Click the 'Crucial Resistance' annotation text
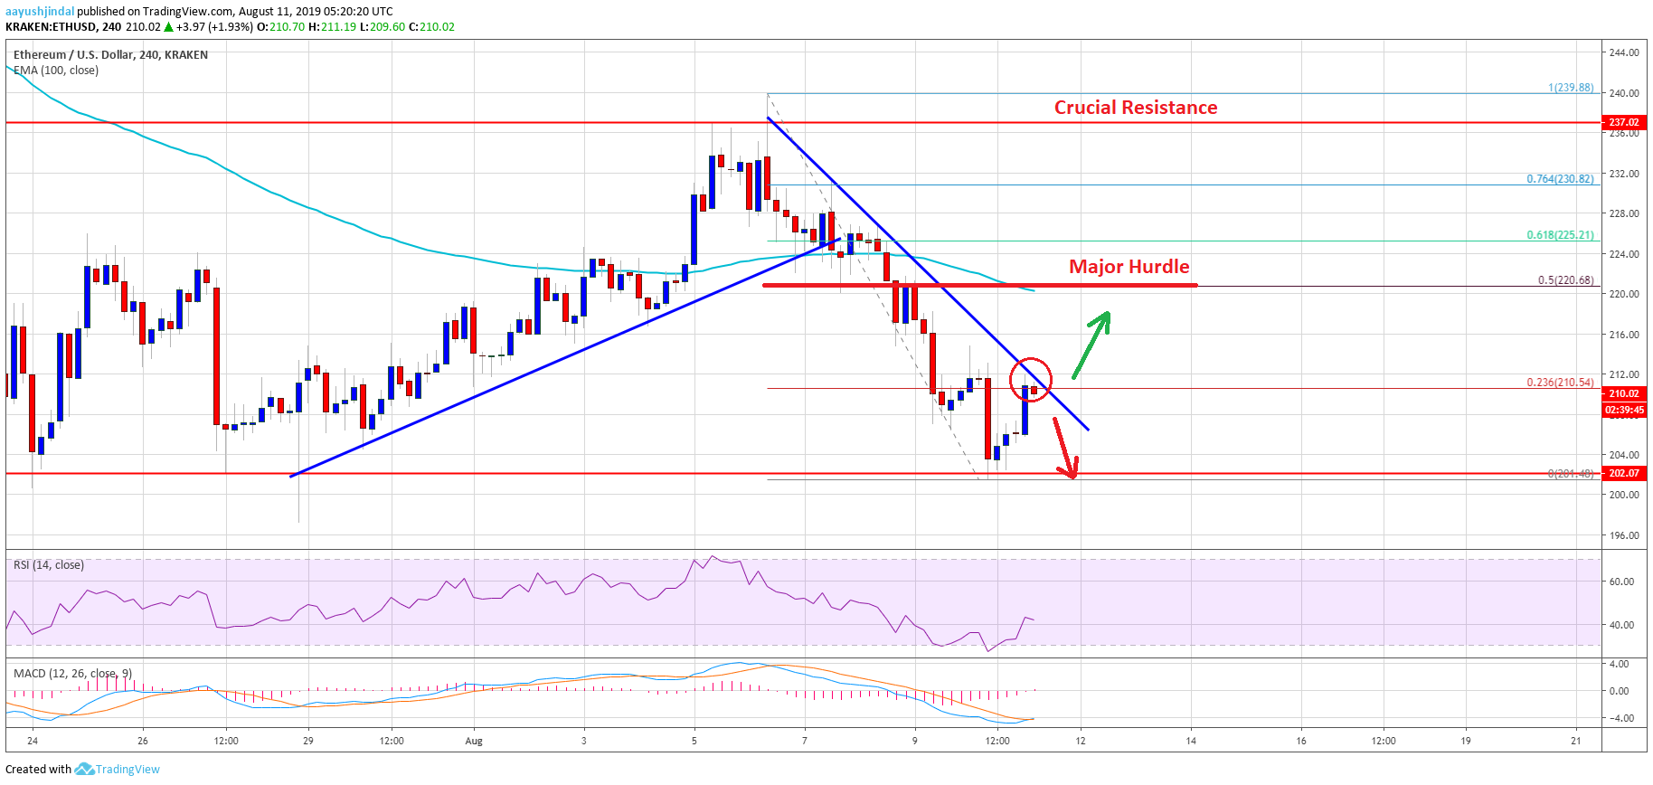(1135, 108)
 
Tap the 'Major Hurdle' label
(1129, 267)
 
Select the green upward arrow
(1091, 344)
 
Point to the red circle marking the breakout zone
(1031, 379)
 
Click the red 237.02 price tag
(1623, 122)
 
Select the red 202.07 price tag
(1623, 473)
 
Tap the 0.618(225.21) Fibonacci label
(1560, 235)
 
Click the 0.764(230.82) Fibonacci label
(1560, 179)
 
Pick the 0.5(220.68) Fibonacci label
(1565, 280)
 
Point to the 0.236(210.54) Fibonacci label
(1560, 383)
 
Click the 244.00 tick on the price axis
(1624, 52)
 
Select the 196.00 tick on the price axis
(1624, 535)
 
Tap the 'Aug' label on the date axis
(474, 742)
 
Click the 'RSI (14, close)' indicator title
(49, 565)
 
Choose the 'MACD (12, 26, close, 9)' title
(72, 674)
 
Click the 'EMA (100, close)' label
(56, 71)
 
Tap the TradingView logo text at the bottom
(127, 770)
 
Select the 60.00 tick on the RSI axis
(1621, 582)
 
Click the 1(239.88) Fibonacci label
(1571, 88)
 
